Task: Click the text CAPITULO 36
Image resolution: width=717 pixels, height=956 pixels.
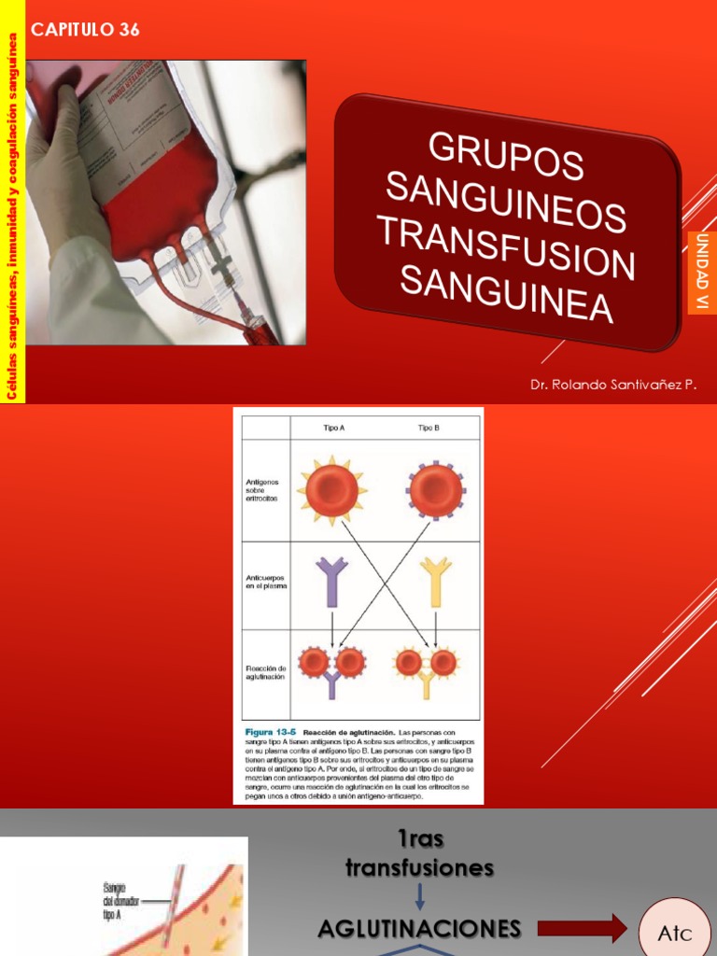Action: point(85,30)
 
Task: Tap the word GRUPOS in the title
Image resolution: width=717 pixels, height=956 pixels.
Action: point(506,155)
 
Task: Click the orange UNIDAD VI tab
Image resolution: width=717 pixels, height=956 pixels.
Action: point(702,273)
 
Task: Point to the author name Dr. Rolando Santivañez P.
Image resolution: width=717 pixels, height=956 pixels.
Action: point(613,384)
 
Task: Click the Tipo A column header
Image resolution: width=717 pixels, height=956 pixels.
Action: point(333,428)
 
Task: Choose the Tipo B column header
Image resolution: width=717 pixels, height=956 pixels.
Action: point(429,428)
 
